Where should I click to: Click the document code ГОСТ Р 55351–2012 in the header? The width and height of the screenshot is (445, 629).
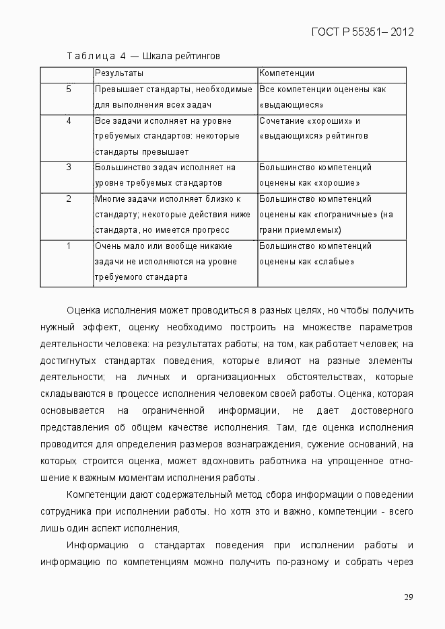click(362, 32)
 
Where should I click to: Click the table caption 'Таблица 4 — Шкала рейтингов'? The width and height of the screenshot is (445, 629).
click(143, 55)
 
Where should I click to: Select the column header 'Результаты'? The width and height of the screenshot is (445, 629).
click(118, 73)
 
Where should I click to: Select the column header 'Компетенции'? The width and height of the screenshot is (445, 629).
click(287, 73)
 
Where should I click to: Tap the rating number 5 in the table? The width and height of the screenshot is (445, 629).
click(69, 89)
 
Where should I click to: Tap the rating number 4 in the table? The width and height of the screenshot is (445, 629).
click(69, 120)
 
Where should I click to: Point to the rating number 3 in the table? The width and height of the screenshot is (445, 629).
click(69, 168)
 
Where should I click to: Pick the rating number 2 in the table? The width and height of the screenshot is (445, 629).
click(69, 199)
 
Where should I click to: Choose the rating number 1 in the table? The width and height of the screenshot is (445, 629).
click(69, 246)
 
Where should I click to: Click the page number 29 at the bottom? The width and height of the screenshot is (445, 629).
click(408, 597)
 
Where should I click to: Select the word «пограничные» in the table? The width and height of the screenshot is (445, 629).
click(346, 215)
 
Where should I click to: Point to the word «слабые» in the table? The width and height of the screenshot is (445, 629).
click(335, 262)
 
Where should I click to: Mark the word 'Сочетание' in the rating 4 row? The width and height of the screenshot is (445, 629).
click(281, 121)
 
